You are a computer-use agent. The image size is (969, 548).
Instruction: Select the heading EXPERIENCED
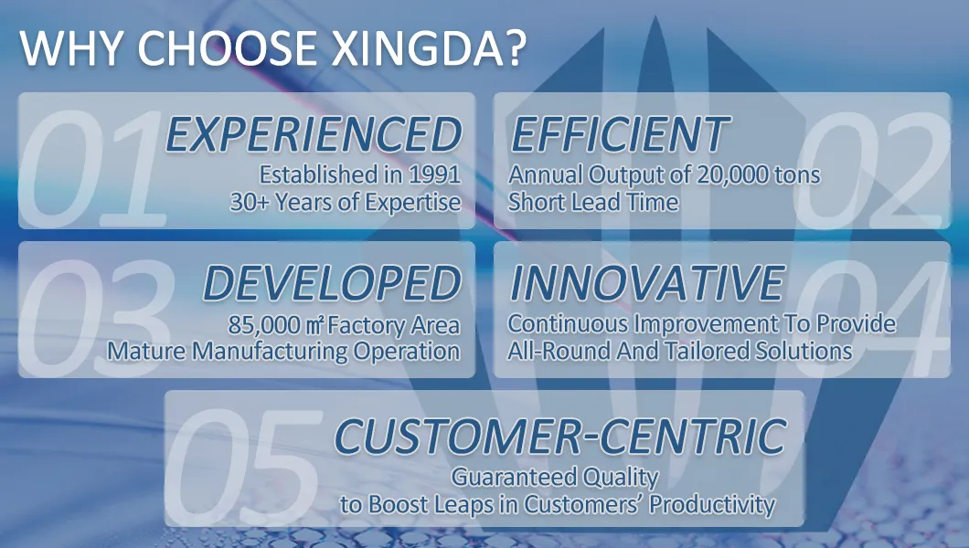coord(314,134)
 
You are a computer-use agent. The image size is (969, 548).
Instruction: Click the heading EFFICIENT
coord(620,134)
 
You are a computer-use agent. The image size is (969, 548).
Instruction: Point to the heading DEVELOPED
coord(332,283)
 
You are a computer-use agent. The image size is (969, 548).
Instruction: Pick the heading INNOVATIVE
coord(647,283)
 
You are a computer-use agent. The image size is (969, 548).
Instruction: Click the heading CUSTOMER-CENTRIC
coord(560,436)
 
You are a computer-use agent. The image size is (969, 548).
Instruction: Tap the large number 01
coord(92,169)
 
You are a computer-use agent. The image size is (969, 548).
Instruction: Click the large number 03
coord(97,316)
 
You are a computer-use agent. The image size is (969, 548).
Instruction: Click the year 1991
coord(434,174)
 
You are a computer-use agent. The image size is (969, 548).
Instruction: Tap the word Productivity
coord(712,505)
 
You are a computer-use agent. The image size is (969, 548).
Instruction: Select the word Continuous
coord(569,324)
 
